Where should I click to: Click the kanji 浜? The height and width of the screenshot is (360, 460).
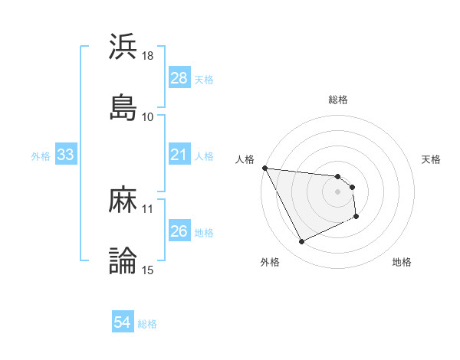pyautogui.click(x=123, y=47)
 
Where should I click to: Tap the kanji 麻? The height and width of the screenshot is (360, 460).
pyautogui.click(x=123, y=201)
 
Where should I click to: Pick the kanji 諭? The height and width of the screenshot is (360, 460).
pyautogui.click(x=123, y=261)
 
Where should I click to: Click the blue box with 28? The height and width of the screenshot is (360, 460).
pyautogui.click(x=179, y=78)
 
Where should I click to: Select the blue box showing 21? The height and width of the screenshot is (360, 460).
pyautogui.click(x=179, y=155)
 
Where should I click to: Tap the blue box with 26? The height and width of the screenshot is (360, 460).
pyautogui.click(x=179, y=231)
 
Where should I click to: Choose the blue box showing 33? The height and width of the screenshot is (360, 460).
pyautogui.click(x=65, y=155)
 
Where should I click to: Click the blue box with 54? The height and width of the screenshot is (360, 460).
pyautogui.click(x=122, y=323)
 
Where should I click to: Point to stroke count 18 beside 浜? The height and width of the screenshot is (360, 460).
pyautogui.click(x=148, y=57)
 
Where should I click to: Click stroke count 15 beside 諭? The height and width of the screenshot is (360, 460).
pyautogui.click(x=148, y=270)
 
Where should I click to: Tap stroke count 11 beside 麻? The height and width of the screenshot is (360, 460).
pyautogui.click(x=148, y=208)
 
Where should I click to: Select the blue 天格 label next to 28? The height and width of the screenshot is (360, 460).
pyautogui.click(x=204, y=79)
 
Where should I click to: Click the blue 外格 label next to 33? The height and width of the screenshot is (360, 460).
pyautogui.click(x=41, y=155)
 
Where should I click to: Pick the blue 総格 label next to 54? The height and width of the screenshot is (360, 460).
pyautogui.click(x=147, y=324)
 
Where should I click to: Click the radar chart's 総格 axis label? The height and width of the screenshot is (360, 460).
pyautogui.click(x=338, y=100)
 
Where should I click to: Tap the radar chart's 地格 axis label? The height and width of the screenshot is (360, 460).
pyautogui.click(x=402, y=262)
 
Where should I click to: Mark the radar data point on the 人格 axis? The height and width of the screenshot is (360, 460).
pyautogui.click(x=264, y=168)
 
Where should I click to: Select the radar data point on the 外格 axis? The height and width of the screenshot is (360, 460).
pyautogui.click(x=301, y=242)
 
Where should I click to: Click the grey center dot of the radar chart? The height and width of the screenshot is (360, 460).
pyautogui.click(x=338, y=191)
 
